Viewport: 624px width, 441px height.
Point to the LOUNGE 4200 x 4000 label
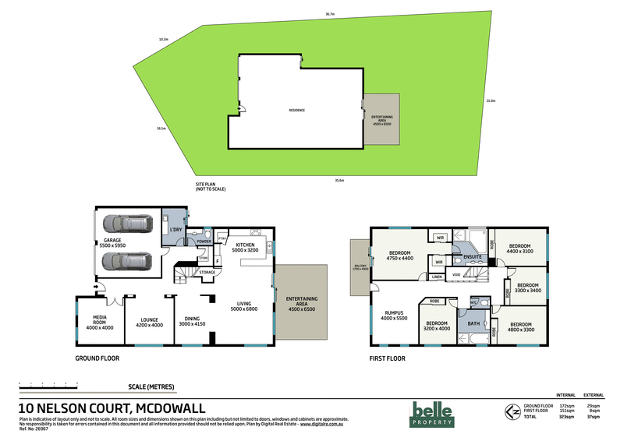(x=148, y=322)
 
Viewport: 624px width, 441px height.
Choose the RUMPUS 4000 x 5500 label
(x=395, y=315)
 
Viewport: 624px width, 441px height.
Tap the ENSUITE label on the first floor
(x=472, y=256)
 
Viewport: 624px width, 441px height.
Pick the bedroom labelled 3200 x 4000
(x=438, y=326)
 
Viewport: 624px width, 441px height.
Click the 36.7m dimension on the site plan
(x=330, y=13)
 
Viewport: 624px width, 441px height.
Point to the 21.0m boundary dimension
(x=490, y=101)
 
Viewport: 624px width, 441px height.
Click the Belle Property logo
(x=433, y=412)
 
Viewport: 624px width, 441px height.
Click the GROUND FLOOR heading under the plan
(x=97, y=360)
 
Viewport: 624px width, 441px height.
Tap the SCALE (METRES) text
(x=151, y=386)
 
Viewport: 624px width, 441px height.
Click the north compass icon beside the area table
(x=511, y=412)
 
